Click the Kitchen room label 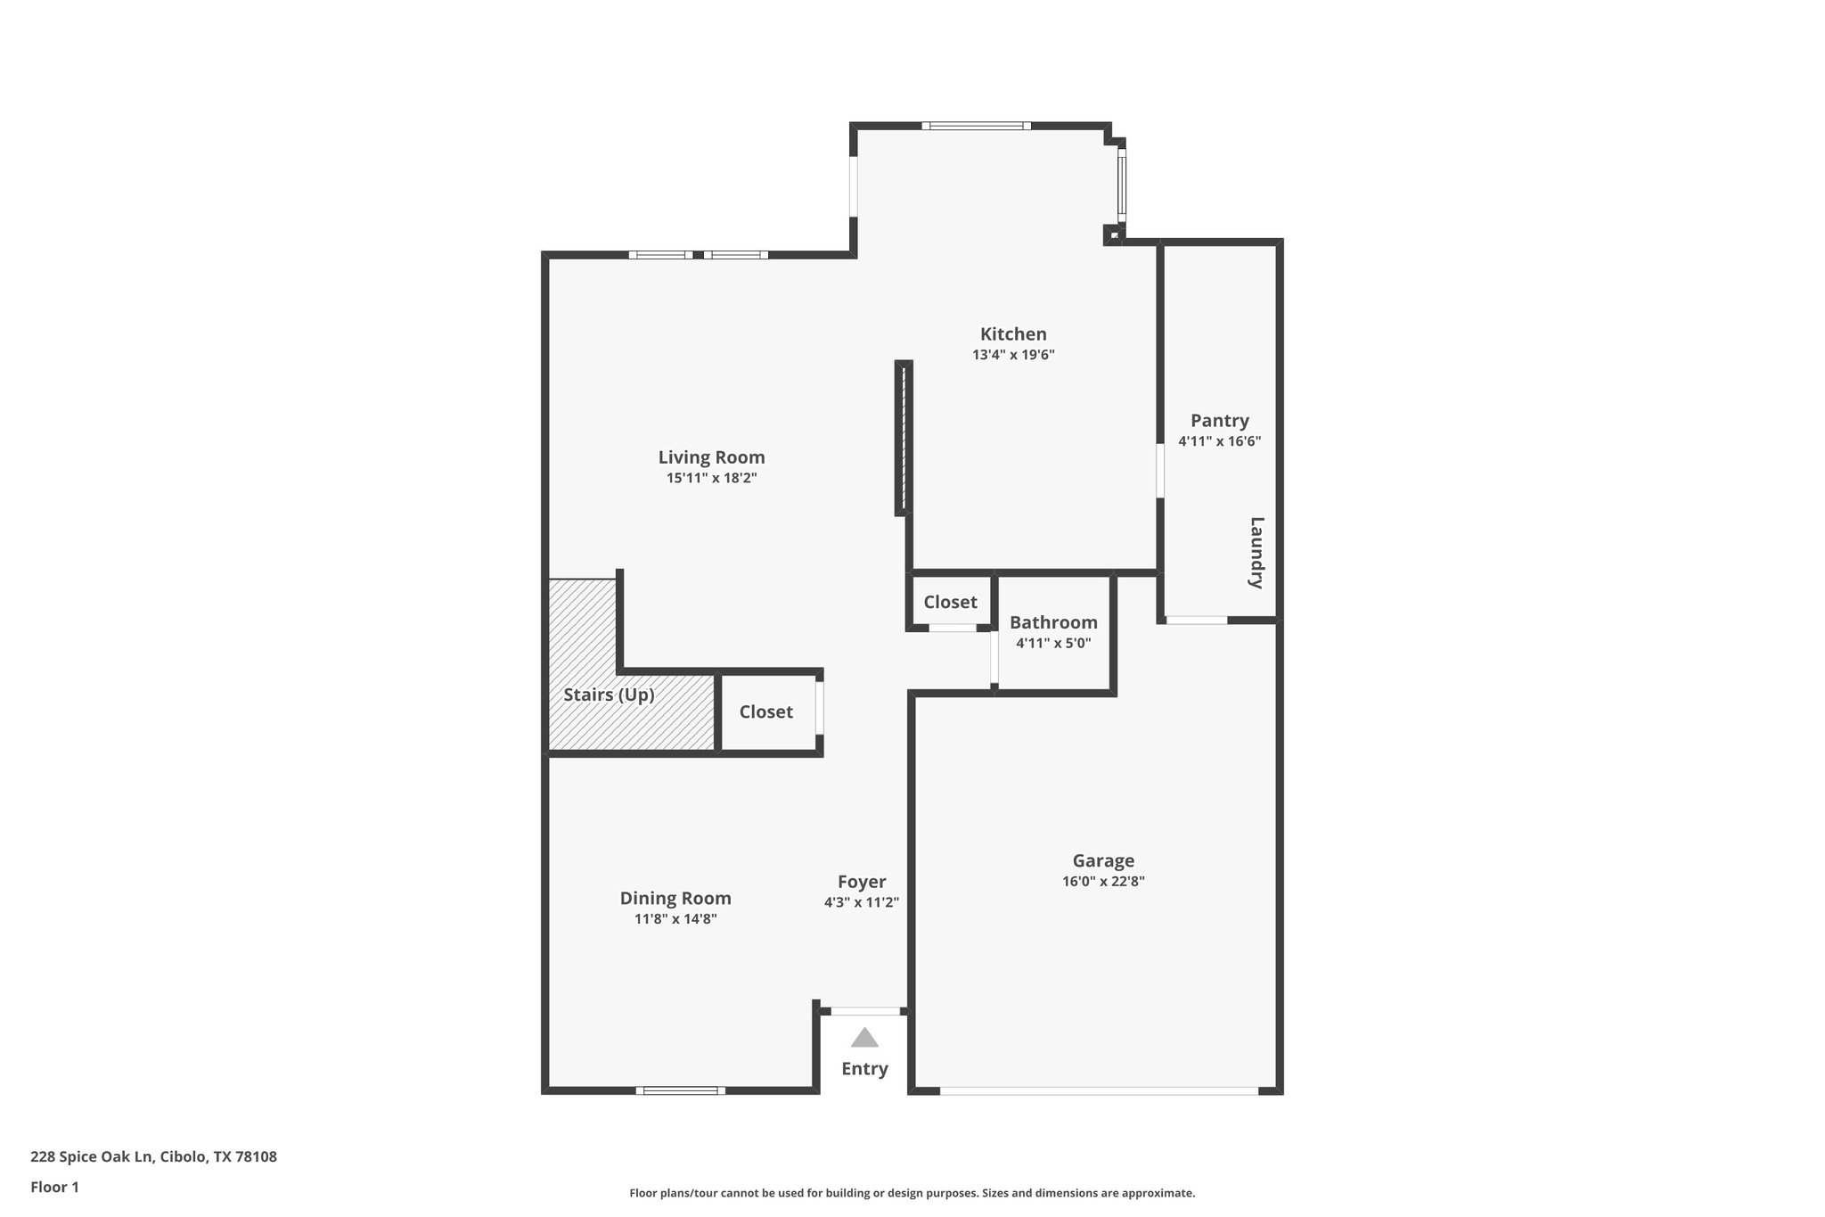click(1013, 334)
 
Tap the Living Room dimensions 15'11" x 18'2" click(711, 478)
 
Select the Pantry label click(1219, 421)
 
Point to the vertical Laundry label click(1256, 553)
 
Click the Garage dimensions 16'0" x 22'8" click(1102, 882)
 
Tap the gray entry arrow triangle click(863, 1038)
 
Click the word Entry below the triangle click(864, 1069)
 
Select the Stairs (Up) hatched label click(609, 695)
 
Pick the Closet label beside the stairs click(765, 711)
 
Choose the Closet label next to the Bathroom click(950, 602)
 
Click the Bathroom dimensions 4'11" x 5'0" click(1053, 643)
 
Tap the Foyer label click(862, 882)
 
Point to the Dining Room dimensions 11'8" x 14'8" click(675, 919)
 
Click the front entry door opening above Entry click(864, 1011)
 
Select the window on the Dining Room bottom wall click(681, 1090)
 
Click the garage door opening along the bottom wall click(1099, 1090)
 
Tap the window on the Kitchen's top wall click(976, 127)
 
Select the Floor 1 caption click(54, 1187)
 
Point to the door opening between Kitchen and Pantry click(1159, 471)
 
